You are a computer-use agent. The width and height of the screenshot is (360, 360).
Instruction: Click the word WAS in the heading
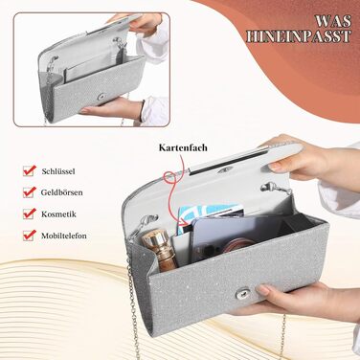[x=333, y=21]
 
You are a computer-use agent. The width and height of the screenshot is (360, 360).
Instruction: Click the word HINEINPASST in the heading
[x=299, y=36]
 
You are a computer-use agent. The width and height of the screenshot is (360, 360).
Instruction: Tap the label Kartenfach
[x=183, y=147]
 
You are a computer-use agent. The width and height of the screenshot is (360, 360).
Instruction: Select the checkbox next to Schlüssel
[x=29, y=170]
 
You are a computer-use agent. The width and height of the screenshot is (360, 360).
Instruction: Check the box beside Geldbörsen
[x=29, y=192]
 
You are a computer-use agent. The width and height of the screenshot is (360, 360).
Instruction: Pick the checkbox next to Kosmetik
[x=29, y=214]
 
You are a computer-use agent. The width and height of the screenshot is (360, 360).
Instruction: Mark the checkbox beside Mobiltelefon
[x=29, y=236]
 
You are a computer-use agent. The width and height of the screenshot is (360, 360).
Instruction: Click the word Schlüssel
[x=58, y=171]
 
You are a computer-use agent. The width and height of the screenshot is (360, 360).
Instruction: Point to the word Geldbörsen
[x=61, y=192]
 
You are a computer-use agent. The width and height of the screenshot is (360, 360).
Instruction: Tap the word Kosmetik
[x=58, y=214]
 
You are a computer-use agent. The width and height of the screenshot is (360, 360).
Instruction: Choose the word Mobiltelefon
[x=64, y=236]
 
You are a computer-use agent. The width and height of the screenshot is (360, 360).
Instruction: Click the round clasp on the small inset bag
[x=102, y=97]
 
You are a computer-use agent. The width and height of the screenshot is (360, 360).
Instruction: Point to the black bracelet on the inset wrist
[x=142, y=110]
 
